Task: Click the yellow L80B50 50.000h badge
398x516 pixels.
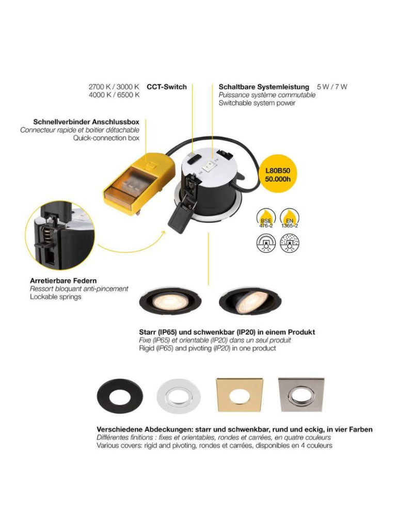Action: click(x=278, y=175)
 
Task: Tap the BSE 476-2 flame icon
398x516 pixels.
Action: click(x=266, y=218)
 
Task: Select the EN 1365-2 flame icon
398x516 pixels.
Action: click(x=290, y=218)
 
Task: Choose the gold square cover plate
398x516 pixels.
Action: click(x=240, y=395)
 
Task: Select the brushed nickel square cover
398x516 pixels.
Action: click(x=301, y=395)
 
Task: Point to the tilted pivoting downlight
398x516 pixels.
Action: click(x=250, y=300)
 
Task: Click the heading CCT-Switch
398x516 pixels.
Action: click(x=167, y=87)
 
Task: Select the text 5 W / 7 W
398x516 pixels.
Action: click(x=332, y=87)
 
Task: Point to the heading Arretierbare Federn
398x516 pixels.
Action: click(x=63, y=281)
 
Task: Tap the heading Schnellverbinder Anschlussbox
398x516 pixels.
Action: click(x=86, y=122)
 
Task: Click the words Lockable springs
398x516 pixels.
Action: click(x=56, y=297)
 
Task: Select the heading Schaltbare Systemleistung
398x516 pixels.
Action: click(x=264, y=87)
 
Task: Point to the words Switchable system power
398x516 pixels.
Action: click(x=257, y=103)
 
